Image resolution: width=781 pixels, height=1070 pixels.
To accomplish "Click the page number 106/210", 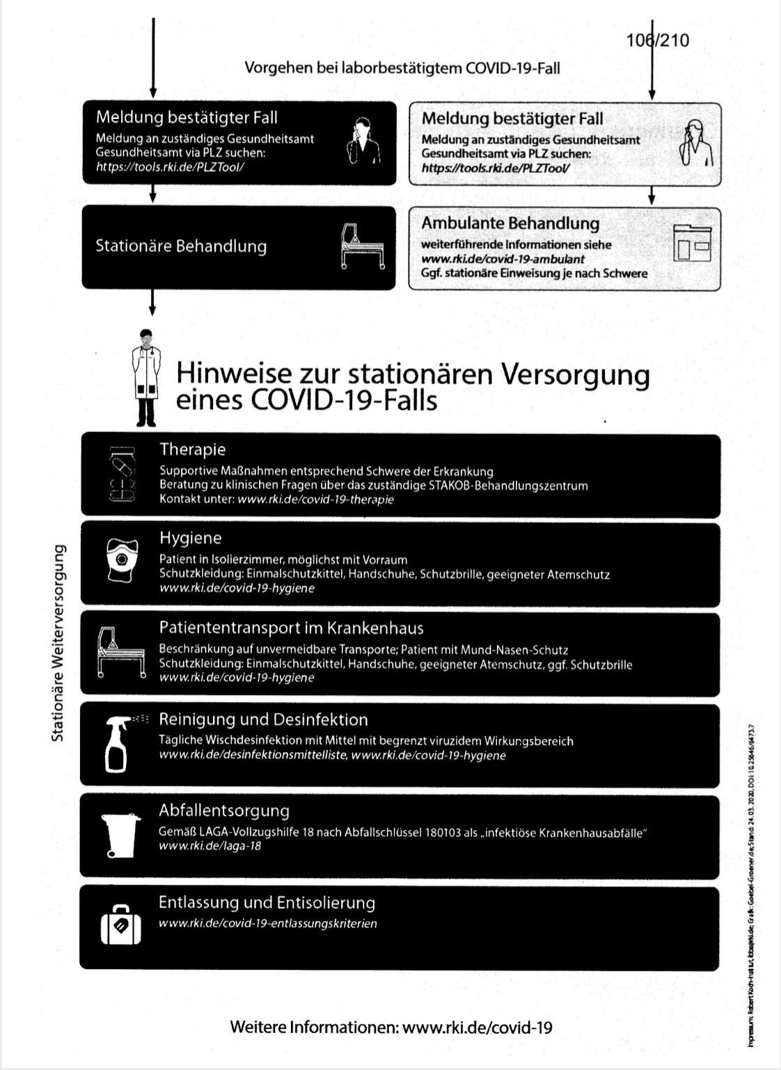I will coord(658,40).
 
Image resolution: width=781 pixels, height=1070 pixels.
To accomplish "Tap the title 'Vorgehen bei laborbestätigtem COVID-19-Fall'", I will coord(402,68).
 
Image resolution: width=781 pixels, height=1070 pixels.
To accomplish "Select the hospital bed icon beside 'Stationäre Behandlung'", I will coord(362,246).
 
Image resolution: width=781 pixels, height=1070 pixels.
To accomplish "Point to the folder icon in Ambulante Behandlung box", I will coord(692,243).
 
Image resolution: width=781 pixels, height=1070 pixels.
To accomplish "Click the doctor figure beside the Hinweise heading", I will coord(146,377).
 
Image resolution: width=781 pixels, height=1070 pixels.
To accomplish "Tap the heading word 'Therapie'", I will coord(192,449).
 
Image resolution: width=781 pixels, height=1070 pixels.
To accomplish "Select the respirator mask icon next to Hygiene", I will coord(123,560).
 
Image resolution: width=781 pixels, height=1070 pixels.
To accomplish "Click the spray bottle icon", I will coord(118,744).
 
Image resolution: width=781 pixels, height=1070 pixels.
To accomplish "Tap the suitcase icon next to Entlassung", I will coord(121,925).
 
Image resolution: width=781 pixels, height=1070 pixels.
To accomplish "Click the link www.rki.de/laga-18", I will coord(210,846).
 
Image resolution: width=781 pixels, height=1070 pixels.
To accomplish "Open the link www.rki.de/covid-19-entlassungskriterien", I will coord(268,924).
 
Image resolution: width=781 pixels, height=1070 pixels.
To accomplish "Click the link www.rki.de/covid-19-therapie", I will coord(315,500).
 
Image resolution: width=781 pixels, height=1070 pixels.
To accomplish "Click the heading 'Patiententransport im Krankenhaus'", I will coord(291,628).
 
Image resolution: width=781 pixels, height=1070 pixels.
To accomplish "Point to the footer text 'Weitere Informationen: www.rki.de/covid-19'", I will coord(391,1028).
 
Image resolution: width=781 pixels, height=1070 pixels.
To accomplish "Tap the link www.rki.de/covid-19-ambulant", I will coord(503,259).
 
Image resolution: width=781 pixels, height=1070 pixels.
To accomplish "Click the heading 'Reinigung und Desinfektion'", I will coord(263,719).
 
